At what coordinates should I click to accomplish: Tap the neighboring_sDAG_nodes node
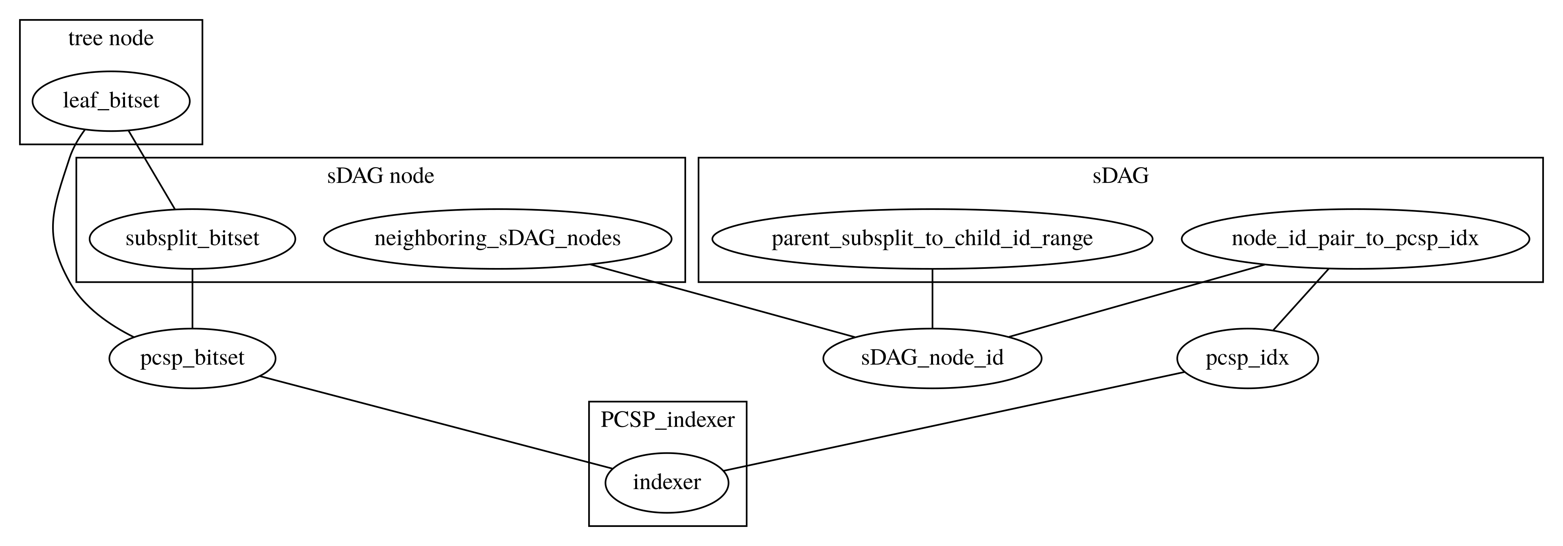point(497,239)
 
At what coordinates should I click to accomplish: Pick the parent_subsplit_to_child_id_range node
point(931,239)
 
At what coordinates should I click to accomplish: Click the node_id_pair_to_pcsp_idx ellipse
point(1354,239)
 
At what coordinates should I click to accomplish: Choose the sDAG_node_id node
point(931,358)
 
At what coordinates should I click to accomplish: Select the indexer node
point(666,482)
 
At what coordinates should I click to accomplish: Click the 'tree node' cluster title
point(110,39)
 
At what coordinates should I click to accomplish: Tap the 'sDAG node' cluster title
point(380,176)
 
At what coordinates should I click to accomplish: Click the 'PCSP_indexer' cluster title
point(667,420)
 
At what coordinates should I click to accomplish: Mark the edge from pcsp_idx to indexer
point(953,421)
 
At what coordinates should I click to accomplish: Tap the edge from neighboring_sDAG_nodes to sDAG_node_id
point(722,300)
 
